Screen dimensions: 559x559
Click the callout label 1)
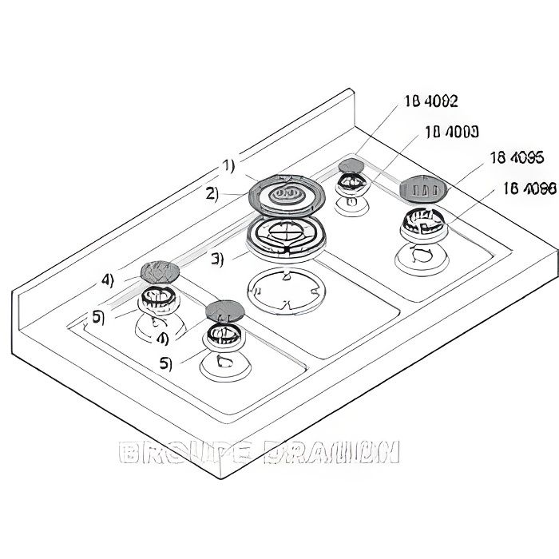tap(228, 166)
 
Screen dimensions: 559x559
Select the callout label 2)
tap(211, 193)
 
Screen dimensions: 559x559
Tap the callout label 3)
tap(218, 257)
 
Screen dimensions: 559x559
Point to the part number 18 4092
tap(431, 101)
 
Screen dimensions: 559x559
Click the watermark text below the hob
tap(258, 454)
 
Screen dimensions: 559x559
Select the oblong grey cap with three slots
tap(422, 189)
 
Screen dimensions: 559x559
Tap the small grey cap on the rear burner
tap(350, 166)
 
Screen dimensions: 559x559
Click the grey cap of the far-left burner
tap(160, 271)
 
